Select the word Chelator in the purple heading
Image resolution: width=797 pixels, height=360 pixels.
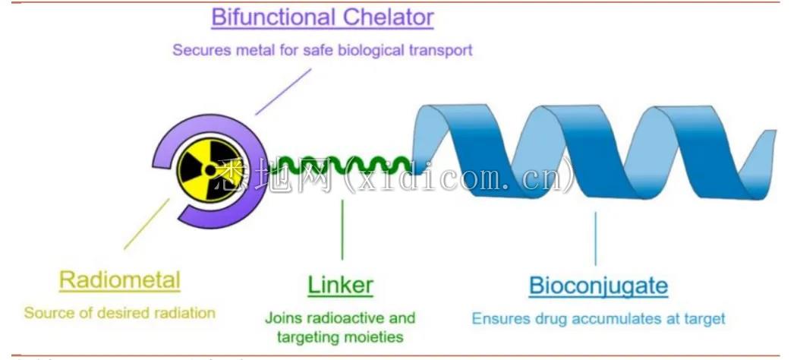click(392, 17)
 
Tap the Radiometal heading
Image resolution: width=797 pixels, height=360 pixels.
click(120, 280)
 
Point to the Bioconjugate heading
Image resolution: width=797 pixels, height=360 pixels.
click(598, 286)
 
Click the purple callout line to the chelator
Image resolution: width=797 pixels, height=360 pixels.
click(283, 92)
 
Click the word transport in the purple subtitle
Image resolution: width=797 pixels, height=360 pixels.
click(442, 50)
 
